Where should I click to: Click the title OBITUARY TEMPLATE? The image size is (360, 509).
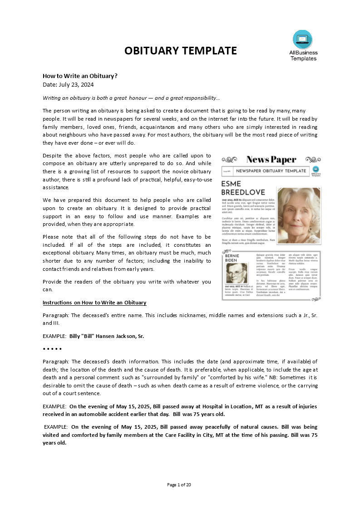pos(181,51)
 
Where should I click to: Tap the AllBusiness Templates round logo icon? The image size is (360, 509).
pos(302,39)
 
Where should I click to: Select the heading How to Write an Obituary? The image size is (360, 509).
pos(80,76)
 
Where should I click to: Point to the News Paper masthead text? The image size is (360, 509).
pos(271,160)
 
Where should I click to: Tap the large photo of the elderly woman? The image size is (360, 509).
pos(298,215)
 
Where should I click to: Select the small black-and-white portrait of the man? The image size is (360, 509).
pos(237,274)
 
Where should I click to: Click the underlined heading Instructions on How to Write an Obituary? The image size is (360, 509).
pos(94,303)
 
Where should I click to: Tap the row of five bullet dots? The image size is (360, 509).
pos(52,349)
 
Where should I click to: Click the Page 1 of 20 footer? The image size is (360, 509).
pos(179,485)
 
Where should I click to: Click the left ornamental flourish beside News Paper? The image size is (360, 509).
pos(229,160)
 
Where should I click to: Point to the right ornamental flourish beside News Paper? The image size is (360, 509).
pos(313,160)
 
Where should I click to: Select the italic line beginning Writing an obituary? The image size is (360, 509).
pos(131,98)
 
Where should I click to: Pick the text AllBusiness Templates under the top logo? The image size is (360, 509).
pos(303,55)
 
